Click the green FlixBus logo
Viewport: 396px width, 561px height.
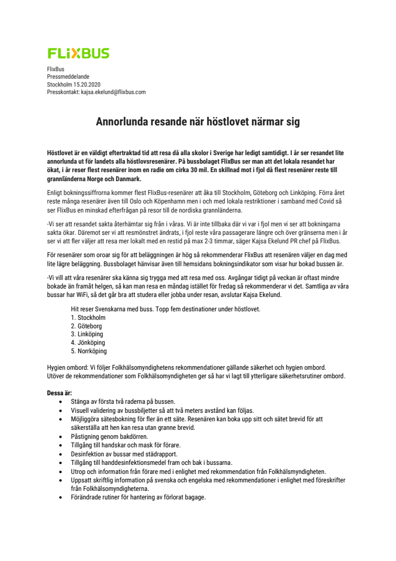[x=79, y=53]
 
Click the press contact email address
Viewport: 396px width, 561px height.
[x=113, y=92]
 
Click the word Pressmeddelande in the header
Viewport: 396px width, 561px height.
[x=66, y=76]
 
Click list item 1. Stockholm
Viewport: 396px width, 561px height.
[x=88, y=318]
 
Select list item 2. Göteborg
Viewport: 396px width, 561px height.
[x=87, y=326]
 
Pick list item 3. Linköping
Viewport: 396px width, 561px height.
[x=87, y=334]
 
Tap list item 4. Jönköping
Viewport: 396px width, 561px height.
[x=88, y=343]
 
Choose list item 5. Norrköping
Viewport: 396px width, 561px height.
[x=89, y=351]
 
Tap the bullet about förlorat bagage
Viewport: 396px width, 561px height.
[x=138, y=497]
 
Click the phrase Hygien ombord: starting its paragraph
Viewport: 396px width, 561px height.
[x=66, y=368]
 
